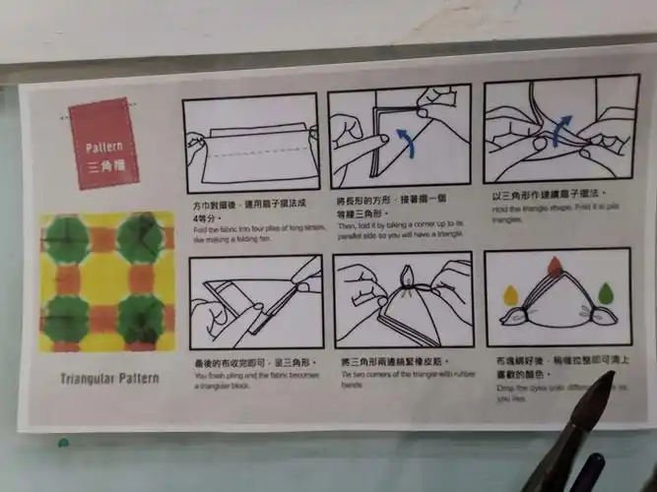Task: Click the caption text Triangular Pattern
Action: pyautogui.click(x=108, y=378)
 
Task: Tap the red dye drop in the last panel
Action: pyautogui.click(x=556, y=265)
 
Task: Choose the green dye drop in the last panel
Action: pyautogui.click(x=604, y=291)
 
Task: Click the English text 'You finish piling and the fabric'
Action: pyautogui.click(x=251, y=378)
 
